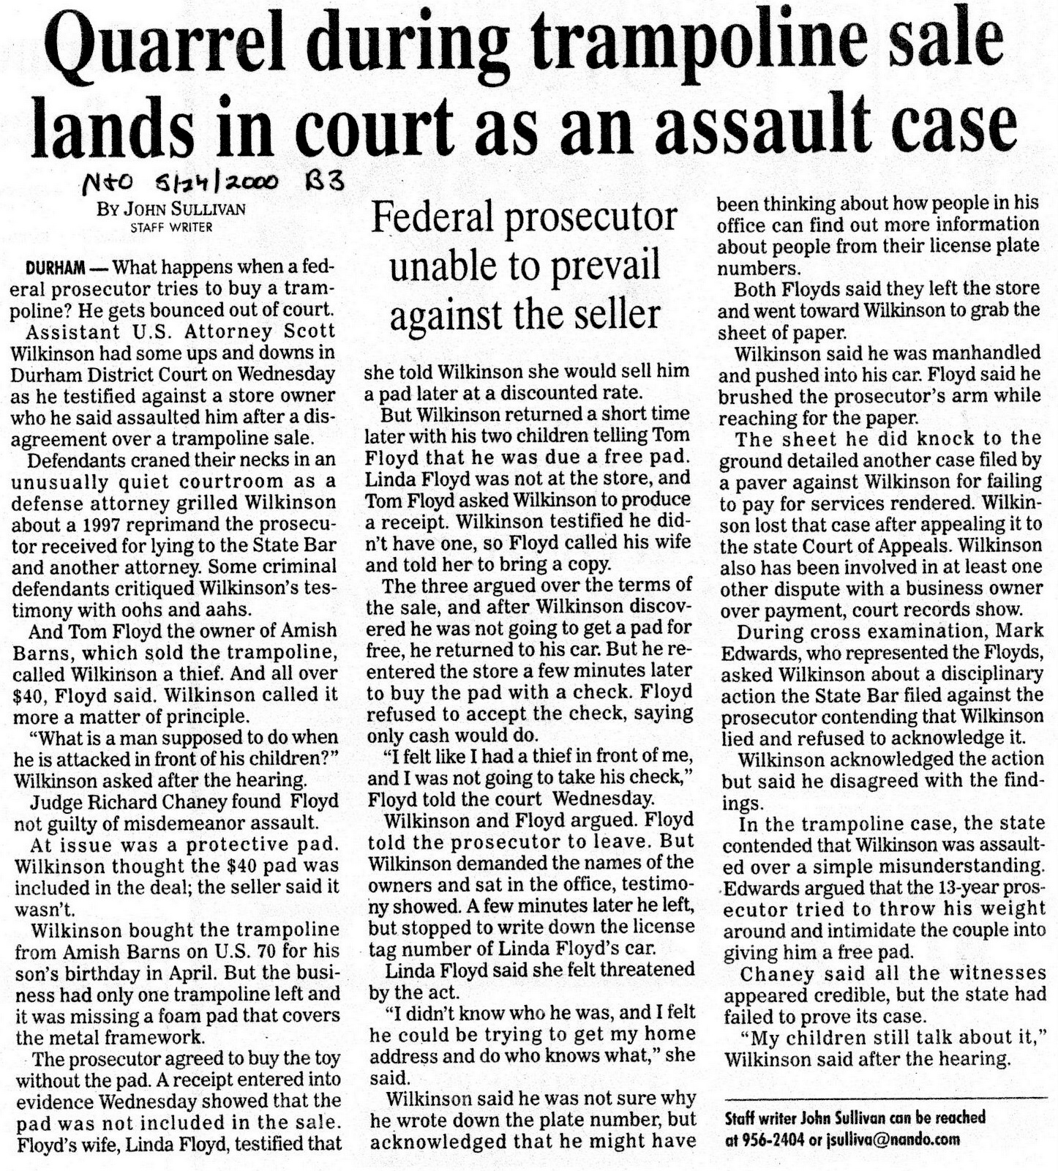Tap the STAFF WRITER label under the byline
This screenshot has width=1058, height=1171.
pos(171,227)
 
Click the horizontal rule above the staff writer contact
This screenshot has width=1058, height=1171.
pos(884,1097)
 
